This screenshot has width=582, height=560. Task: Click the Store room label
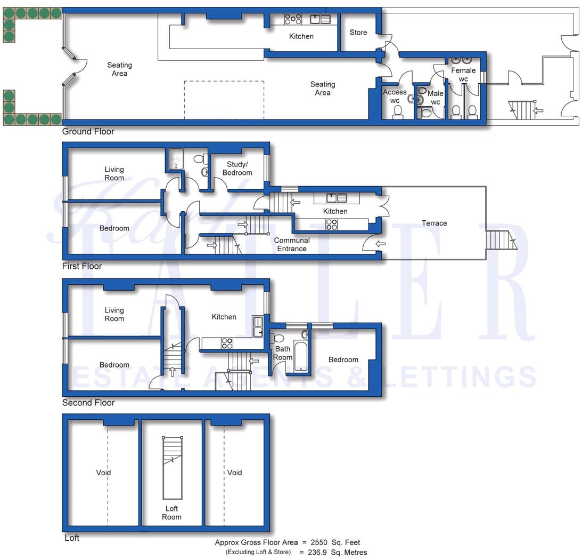coord(358,33)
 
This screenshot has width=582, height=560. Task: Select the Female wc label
coord(463,74)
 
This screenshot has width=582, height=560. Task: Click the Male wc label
coord(436,98)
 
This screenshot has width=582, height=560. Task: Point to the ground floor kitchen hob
coord(293,19)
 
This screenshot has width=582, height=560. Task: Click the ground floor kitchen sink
coord(320,19)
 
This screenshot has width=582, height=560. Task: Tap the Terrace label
coord(435,223)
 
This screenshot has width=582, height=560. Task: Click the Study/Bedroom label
coord(237,169)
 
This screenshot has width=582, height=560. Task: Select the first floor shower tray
coord(175,159)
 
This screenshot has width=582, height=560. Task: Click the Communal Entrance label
coord(292,244)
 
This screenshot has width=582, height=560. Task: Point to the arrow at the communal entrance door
coord(381,244)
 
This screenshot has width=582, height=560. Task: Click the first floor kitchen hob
coord(331,225)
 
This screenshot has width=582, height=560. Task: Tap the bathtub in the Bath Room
coord(301,356)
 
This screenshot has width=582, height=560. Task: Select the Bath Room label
coord(283,353)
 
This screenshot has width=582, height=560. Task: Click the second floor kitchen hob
coord(227,343)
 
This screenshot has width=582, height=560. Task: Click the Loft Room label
coord(171,513)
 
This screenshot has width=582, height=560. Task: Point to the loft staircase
coord(173,468)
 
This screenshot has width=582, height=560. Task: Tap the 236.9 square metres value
coord(317,553)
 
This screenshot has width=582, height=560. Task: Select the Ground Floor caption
coord(88,131)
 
